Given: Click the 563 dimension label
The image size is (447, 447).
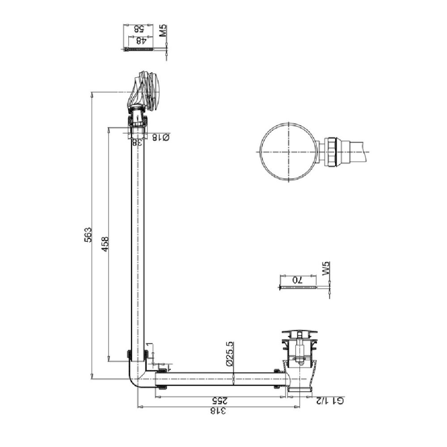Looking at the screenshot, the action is tap(89, 235).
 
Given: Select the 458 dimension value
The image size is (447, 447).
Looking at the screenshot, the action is tap(105, 244).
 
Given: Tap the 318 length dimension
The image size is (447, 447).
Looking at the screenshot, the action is tap(219, 411).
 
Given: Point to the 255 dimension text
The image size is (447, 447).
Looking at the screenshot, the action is tap(220, 401).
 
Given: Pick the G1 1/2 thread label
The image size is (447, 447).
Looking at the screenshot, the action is tap(329, 401).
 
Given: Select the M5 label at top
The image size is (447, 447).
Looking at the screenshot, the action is tap(163, 30).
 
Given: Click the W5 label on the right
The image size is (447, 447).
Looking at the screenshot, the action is tap(326, 268).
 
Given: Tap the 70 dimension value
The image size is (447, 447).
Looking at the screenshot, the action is tap(297, 280).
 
